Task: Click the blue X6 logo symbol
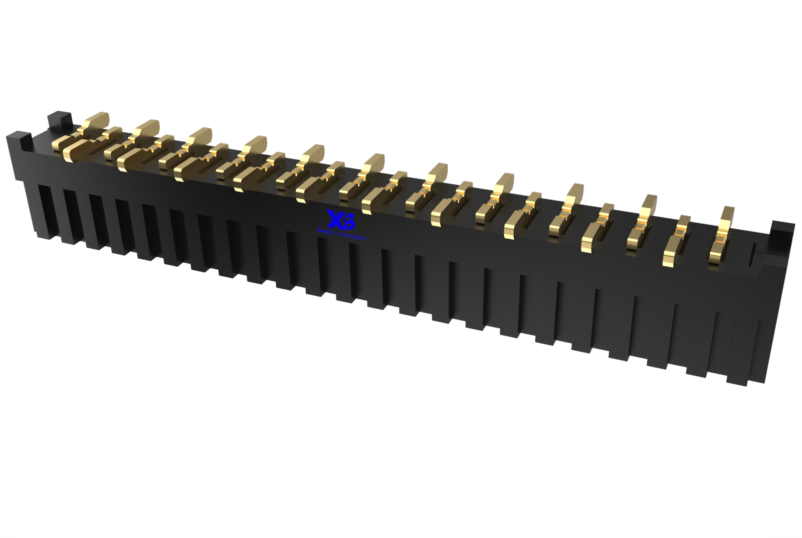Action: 340,220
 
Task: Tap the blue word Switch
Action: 326,231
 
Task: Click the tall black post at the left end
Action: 60,121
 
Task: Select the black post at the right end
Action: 782,233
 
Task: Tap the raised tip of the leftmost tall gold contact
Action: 97,120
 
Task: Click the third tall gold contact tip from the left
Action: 200,135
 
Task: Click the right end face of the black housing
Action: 779,311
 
